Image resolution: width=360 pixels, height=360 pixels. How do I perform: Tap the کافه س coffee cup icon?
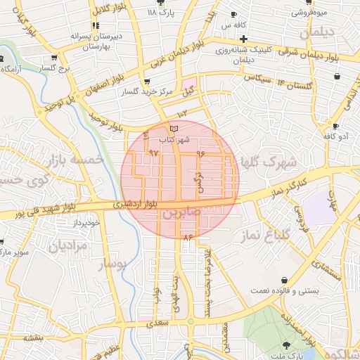click(233, 14)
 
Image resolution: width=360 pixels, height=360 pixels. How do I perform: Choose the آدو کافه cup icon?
click(336, 127)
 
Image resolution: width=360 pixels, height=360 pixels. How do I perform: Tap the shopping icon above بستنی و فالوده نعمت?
click(283, 280)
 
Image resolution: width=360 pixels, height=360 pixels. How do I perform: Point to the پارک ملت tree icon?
click(287, 345)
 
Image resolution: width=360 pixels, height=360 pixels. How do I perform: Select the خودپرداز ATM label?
click(87, 222)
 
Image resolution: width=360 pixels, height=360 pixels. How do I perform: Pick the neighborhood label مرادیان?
click(67, 247)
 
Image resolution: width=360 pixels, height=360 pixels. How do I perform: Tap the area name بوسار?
click(110, 264)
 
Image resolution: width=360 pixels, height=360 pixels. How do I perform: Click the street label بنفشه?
click(33, 338)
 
